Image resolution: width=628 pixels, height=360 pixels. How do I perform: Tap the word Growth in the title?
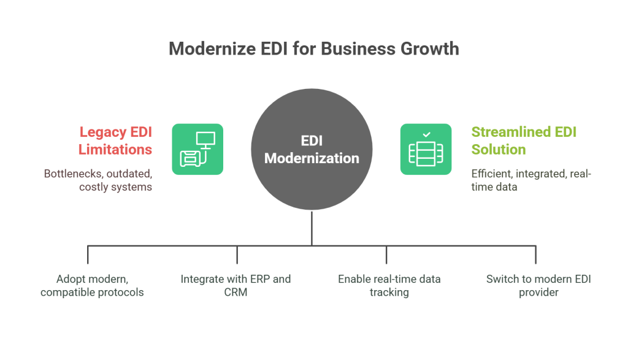pos(430,48)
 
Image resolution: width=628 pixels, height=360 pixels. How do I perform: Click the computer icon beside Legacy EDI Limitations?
pos(197,149)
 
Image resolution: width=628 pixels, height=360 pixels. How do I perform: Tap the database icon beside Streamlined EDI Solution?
pos(426,149)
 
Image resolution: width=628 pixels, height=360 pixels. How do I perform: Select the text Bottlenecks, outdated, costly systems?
pos(98,180)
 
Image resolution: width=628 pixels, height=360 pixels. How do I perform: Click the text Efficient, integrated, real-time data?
pos(530,180)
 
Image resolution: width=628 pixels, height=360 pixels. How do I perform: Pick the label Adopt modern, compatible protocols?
pos(92,286)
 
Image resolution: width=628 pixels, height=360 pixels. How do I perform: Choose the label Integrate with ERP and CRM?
pos(235,286)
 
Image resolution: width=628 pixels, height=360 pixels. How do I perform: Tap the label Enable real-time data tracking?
pos(389,286)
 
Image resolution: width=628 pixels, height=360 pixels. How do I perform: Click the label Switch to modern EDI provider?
pos(534,286)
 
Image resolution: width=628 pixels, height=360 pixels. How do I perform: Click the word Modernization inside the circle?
pos(312,158)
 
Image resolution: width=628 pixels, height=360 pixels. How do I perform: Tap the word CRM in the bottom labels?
pos(235,293)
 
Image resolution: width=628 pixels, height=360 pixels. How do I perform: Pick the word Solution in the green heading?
pos(499,149)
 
